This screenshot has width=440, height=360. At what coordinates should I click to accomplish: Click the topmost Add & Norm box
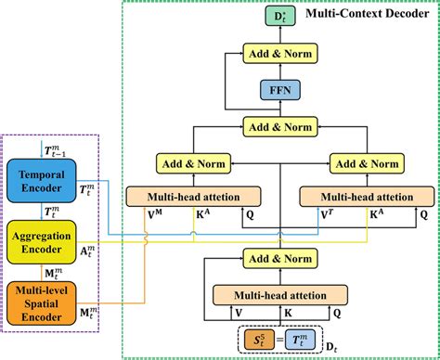pyautogui.click(x=276, y=55)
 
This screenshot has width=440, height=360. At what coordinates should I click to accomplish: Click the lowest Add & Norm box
pyautogui.click(x=276, y=258)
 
